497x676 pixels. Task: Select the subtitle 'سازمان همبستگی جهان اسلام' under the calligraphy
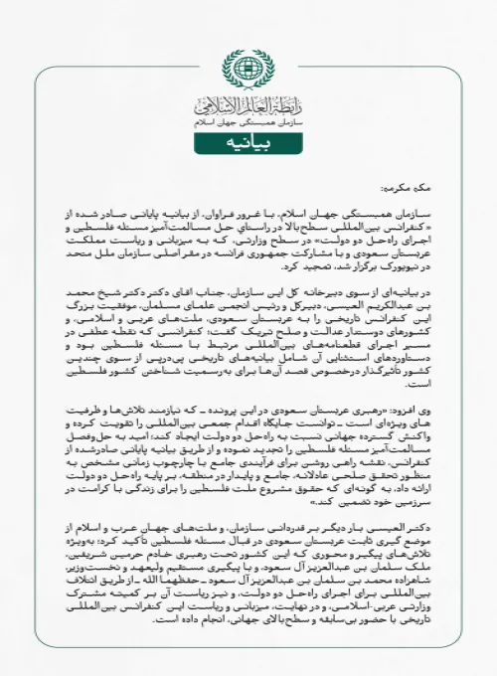(x=248, y=122)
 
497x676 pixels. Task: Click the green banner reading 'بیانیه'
(x=248, y=144)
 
